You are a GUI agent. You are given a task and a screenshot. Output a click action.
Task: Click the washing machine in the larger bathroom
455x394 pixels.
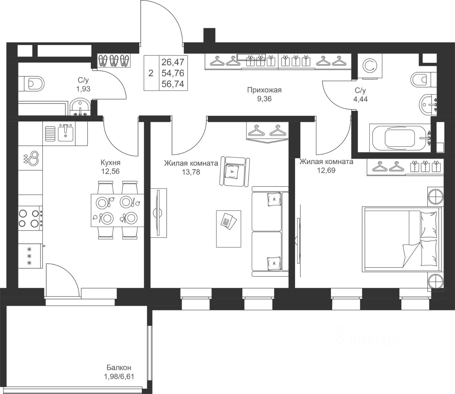[x=370, y=66]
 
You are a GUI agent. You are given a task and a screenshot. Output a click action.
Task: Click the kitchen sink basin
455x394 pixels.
[x=65, y=134]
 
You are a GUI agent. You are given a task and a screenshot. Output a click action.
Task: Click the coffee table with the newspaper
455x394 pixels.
[x=229, y=229]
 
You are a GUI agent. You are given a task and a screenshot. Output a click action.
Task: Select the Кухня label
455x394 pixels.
[x=111, y=163]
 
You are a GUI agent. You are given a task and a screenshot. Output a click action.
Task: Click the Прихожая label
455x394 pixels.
[x=264, y=90]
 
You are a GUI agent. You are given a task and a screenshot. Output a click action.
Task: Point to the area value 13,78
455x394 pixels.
[x=191, y=172]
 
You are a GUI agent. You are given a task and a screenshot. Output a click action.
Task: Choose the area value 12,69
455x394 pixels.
[x=326, y=170]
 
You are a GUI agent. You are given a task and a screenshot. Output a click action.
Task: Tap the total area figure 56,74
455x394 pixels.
[x=173, y=84]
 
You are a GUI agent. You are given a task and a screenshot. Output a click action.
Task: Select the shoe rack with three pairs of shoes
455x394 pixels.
[x=114, y=60]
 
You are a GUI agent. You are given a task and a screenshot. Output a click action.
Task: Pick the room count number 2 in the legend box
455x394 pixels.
[x=151, y=73]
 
